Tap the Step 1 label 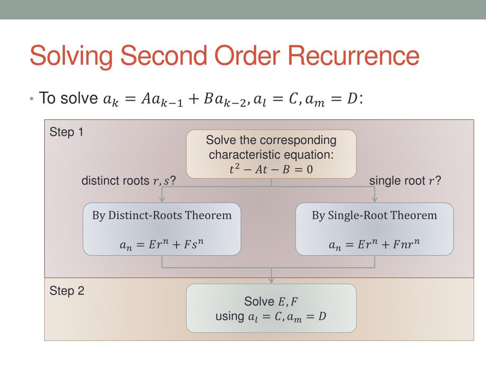click(x=66, y=132)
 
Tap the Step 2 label click(x=66, y=291)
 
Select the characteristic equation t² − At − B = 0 click(x=271, y=169)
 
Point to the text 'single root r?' click(x=405, y=181)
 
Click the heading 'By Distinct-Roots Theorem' click(x=162, y=215)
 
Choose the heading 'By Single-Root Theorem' click(x=374, y=215)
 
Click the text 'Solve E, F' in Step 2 click(x=271, y=301)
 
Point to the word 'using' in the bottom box click(x=230, y=316)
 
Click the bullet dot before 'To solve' click(x=31, y=99)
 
